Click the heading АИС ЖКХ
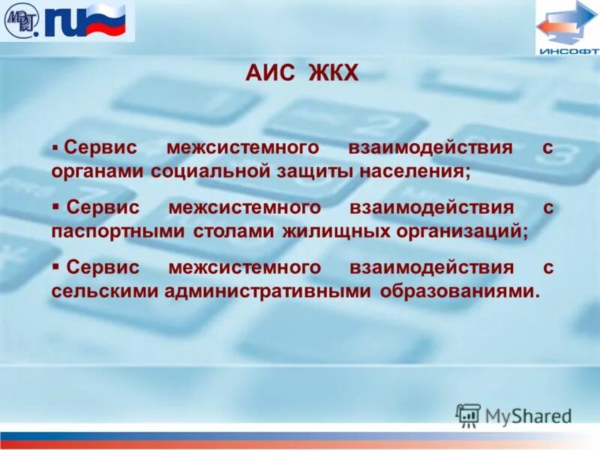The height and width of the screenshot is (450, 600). tap(302, 74)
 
